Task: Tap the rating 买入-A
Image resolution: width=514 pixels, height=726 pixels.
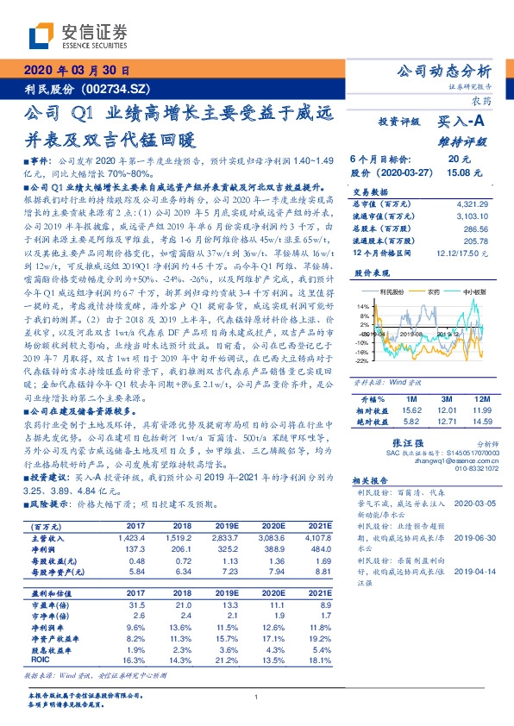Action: [x=462, y=122]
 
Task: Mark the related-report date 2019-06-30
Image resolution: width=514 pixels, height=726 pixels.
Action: [x=473, y=535]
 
